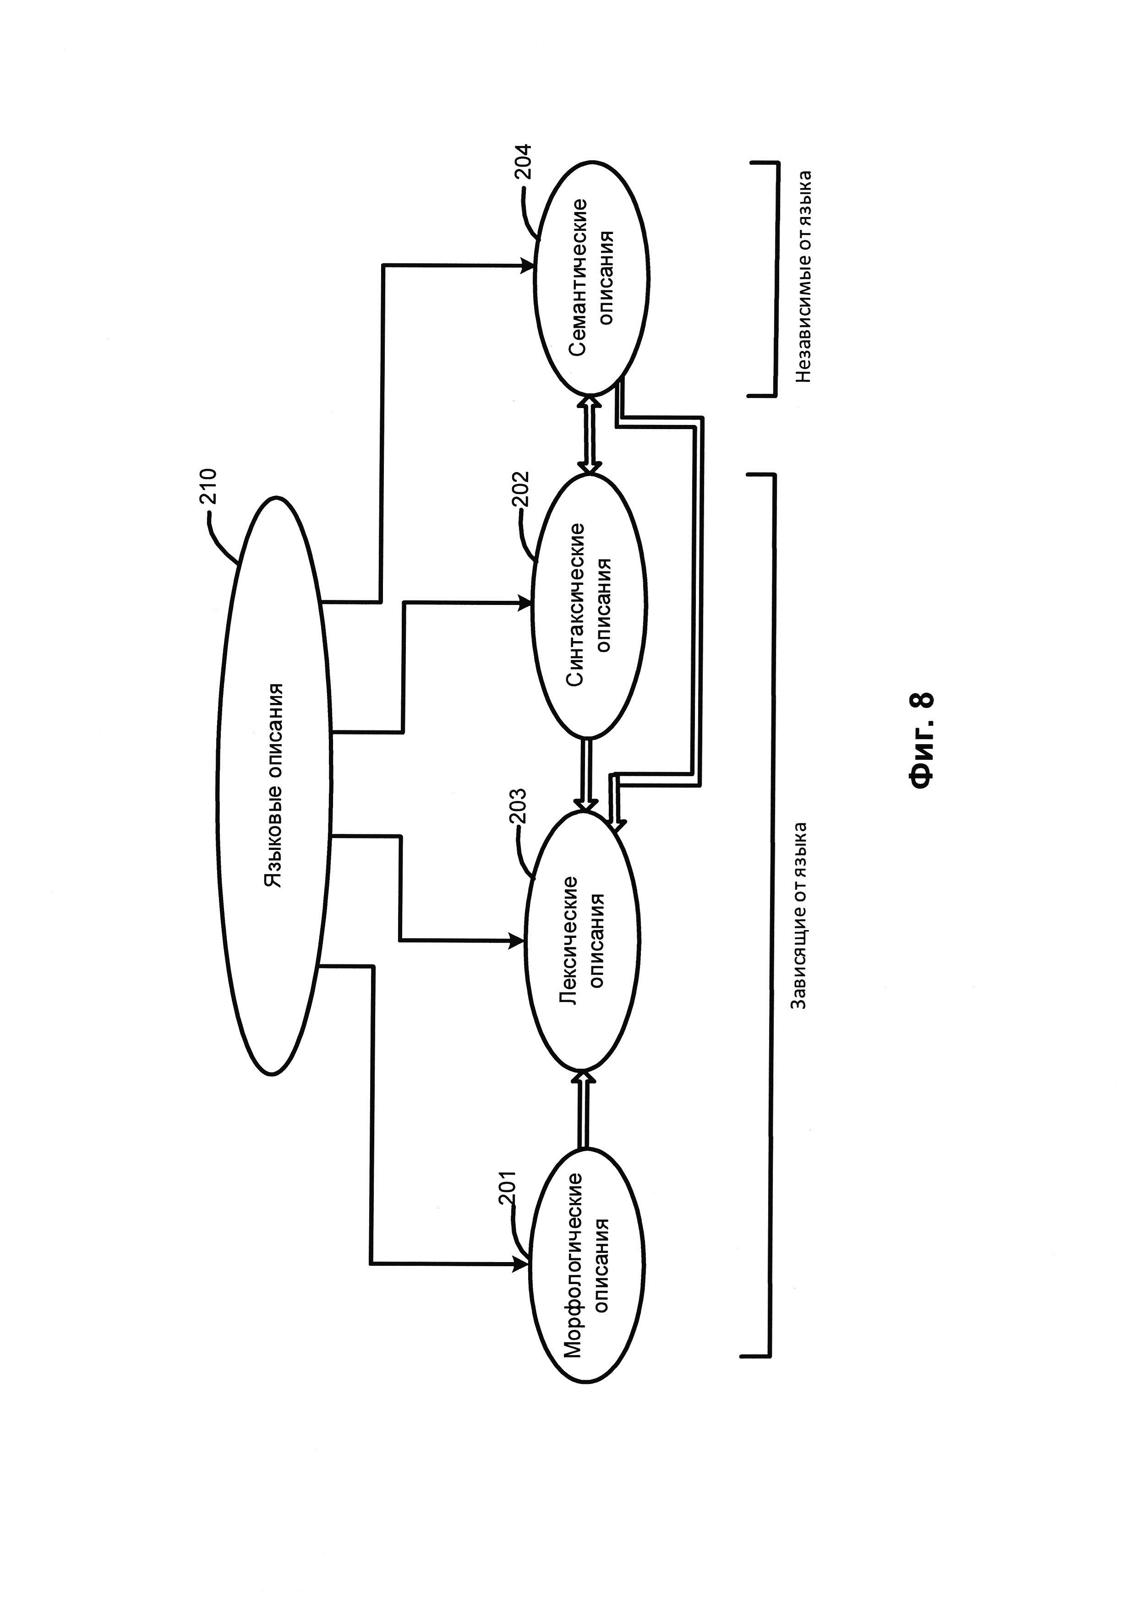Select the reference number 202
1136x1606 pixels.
pos(522,489)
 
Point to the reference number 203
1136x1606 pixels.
pos(520,806)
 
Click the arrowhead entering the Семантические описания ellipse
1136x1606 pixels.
pos(528,266)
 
